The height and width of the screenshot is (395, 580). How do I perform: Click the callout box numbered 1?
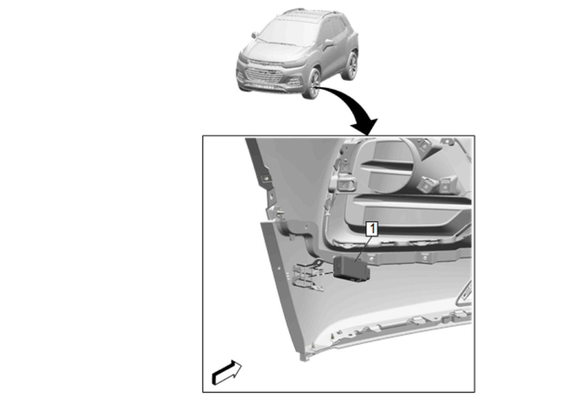372,229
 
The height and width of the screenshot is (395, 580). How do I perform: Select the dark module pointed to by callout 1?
351,269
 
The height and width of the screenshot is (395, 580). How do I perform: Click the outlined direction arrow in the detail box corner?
227,373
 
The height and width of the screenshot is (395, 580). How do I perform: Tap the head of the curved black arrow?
365,126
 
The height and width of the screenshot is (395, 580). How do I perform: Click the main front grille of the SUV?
264,75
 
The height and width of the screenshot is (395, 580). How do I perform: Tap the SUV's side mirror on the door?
329,43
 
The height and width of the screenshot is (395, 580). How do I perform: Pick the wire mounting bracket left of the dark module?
308,276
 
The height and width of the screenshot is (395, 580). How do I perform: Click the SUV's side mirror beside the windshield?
255,35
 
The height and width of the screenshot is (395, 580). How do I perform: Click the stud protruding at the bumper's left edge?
280,213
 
